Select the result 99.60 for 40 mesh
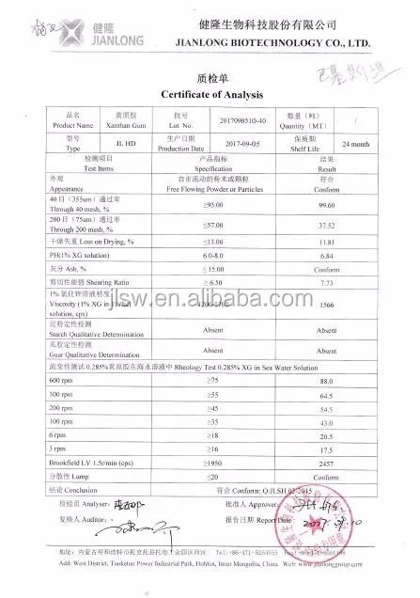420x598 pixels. coord(328,204)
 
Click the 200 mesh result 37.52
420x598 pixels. coord(327,225)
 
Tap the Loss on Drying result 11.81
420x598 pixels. coord(327,243)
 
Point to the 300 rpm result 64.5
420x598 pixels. coord(327,396)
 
